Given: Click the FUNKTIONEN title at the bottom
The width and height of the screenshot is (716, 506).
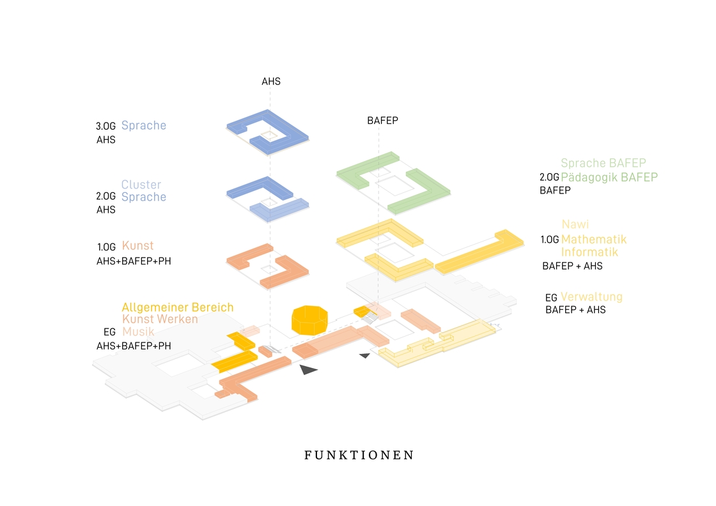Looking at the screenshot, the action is (359, 455).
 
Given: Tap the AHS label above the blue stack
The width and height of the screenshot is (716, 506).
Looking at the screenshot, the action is (271, 81).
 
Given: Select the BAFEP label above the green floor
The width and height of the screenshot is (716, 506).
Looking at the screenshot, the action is (383, 121).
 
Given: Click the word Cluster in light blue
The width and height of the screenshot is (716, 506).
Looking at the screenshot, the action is (141, 185).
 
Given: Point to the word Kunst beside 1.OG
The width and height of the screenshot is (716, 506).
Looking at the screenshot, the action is (138, 245).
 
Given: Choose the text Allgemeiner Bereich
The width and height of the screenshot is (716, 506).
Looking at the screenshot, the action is (178, 307).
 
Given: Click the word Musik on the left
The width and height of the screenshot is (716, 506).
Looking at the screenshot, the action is (138, 331).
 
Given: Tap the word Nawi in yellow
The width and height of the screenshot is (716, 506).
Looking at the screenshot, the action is (575, 224).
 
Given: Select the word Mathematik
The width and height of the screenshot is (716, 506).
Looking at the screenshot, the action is (594, 239).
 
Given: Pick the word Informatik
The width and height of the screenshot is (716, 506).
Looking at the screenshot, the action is (589, 252).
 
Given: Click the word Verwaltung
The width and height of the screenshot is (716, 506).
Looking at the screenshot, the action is (591, 296).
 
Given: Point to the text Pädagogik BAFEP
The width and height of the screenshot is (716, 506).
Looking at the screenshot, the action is (609, 177).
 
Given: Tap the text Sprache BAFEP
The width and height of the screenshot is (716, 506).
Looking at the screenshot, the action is (603, 163).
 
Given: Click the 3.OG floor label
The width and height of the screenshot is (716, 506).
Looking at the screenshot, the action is (105, 126).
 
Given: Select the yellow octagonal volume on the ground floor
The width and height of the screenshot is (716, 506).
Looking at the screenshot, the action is (309, 320).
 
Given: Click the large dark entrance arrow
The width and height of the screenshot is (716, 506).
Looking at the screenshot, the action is (307, 369).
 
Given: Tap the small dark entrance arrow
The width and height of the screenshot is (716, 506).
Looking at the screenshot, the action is (364, 355).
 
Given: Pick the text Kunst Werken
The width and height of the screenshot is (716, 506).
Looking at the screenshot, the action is (160, 319).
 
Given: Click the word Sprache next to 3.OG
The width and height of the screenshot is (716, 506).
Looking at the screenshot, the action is (143, 125).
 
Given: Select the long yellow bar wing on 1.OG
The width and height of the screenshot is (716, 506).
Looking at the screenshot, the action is (479, 252).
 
